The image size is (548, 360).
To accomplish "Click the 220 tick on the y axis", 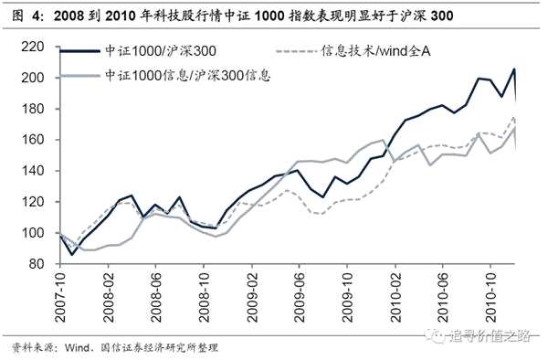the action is pos(33,47).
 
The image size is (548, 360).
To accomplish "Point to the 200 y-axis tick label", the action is pos(33,78).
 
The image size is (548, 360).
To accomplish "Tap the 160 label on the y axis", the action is pos(33,140).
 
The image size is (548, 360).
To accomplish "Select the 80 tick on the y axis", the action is pos(36,264).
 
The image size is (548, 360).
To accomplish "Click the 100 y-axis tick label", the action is pos(33,233).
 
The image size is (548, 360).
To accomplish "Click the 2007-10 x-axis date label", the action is pos(60,297).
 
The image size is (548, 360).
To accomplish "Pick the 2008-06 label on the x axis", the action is pos(156,297).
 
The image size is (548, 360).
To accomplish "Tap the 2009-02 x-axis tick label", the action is pos(252,297).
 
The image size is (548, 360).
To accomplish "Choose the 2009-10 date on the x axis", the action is pos(348,297).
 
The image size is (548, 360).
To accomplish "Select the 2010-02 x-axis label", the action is pos(395,297).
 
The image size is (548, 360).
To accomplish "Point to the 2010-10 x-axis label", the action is pos(491,297).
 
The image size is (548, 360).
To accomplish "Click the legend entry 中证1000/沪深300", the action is pos(161,51).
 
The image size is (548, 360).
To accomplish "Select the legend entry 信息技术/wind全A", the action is pos(376,51).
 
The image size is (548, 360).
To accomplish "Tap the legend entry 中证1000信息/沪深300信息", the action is pos(188,75).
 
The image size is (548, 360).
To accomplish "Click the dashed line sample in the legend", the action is pos(296,51).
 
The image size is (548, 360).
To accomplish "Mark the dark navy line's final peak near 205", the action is pos(514,69).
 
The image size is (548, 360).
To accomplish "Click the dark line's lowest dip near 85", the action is pos(72,254).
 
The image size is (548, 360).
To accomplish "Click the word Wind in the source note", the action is pos(77,347).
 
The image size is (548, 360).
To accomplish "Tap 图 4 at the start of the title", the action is pos(26,16).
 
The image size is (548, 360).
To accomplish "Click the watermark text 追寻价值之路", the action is pos(490,336).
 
